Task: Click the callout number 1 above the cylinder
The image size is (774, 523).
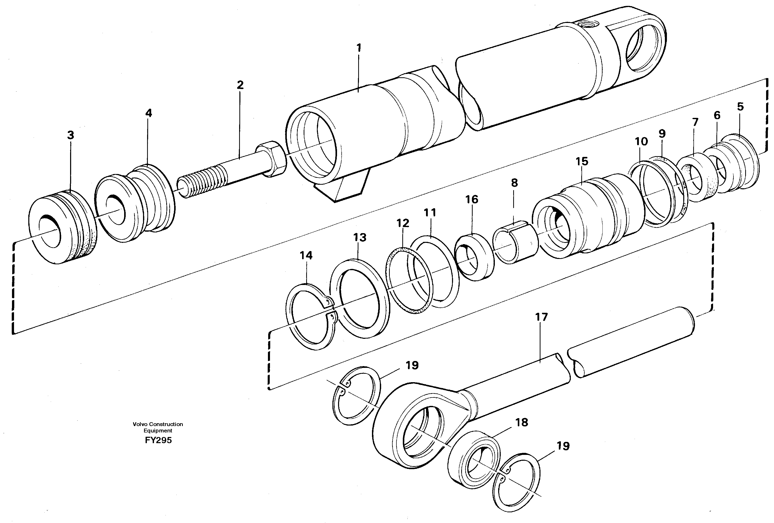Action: [x=359, y=48]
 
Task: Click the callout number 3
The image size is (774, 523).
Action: [x=70, y=135]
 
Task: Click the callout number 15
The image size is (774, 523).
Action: [x=582, y=162]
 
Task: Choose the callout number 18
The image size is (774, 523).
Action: [x=522, y=423]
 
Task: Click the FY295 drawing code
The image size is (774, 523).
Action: [x=158, y=440]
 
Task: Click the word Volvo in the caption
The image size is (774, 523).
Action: [x=140, y=424]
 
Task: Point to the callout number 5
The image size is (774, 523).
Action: [x=740, y=107]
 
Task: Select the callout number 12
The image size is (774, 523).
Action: [x=403, y=223]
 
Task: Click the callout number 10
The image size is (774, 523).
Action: [x=641, y=142]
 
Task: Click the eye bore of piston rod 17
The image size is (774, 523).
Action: [x=423, y=432]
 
